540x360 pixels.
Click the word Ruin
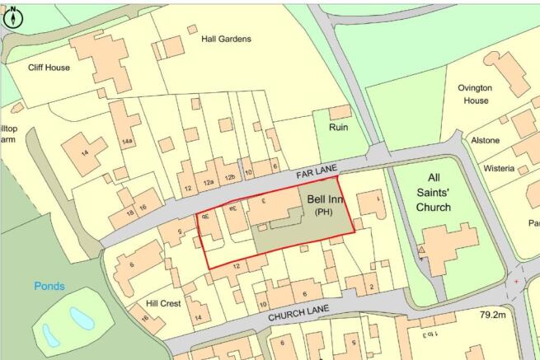point(338,128)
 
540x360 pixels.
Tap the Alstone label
point(485,140)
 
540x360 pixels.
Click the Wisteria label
point(500,169)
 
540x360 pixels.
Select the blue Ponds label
point(49,286)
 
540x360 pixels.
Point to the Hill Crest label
point(163,303)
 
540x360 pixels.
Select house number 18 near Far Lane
point(130,213)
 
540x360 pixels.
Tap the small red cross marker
point(517,282)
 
